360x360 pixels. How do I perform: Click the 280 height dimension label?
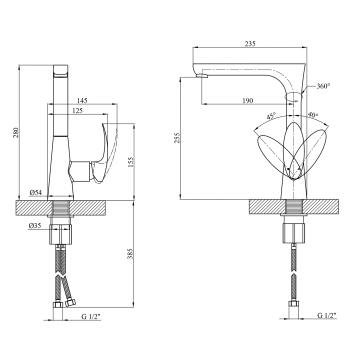point(16,132)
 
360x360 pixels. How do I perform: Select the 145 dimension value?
point(82,100)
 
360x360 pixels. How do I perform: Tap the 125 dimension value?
point(77,110)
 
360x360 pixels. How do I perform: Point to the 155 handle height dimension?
point(130,162)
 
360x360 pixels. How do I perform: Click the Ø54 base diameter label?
point(36,192)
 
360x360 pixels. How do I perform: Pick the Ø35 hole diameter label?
point(35,225)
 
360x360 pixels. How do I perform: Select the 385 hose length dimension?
point(130,253)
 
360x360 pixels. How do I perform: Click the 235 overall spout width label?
point(250,43)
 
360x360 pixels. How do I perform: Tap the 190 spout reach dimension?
point(247,100)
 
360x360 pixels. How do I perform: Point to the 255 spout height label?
point(177,138)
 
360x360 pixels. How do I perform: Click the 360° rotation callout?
point(323,86)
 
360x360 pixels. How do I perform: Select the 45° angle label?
point(271,116)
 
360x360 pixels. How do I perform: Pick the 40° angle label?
point(313,114)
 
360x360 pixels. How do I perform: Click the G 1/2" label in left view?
point(91,317)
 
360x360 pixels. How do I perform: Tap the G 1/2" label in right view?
point(327,315)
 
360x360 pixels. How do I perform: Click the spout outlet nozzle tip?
point(202,76)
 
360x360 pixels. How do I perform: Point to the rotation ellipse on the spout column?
point(293,96)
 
